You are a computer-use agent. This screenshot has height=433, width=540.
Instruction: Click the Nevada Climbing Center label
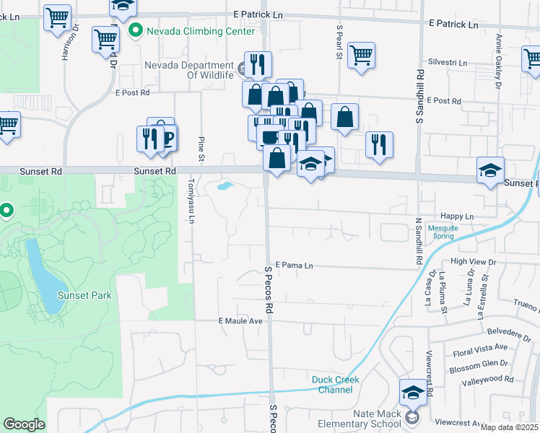(x=201, y=31)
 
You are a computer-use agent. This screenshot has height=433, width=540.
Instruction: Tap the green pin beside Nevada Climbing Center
(x=134, y=31)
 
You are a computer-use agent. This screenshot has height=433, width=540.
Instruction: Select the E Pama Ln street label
(x=293, y=266)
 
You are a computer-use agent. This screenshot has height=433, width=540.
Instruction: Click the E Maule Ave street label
(x=240, y=320)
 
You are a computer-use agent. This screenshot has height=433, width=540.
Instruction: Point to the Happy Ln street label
(x=456, y=216)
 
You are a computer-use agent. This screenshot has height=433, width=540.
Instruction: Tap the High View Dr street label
(x=473, y=261)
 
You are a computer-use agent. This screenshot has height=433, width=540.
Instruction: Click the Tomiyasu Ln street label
(x=193, y=201)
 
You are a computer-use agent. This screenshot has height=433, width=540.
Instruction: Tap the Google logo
(x=24, y=424)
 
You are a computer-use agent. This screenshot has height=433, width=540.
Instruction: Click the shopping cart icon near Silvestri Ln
(x=361, y=55)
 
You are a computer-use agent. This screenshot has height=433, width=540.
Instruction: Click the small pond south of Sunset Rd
(x=225, y=186)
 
